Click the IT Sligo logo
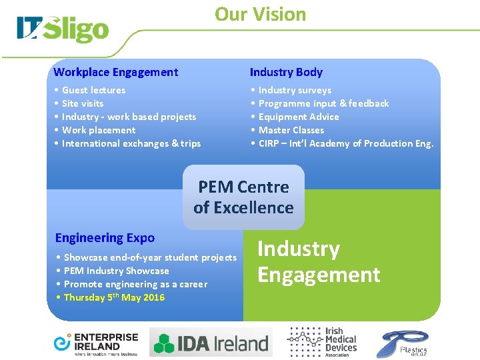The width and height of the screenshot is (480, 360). [63, 30]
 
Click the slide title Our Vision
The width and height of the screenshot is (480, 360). [260, 14]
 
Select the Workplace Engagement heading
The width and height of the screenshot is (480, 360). [116, 72]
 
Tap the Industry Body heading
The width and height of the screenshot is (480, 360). [286, 72]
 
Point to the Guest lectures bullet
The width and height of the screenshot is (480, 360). [93, 90]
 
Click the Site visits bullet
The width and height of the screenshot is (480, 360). [83, 103]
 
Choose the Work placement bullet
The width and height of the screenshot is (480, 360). [98, 130]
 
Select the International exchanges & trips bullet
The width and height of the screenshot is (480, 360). [131, 143]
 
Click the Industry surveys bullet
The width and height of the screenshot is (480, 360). [295, 90]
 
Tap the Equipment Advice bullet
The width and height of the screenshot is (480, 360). [299, 117]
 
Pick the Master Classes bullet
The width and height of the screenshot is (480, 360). [291, 130]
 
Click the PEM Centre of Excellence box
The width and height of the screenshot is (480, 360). [243, 197]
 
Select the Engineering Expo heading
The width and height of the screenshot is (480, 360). [105, 238]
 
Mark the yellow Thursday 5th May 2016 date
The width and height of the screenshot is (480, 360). [114, 297]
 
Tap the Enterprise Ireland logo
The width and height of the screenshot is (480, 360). [95, 343]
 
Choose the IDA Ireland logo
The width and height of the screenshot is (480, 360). [211, 343]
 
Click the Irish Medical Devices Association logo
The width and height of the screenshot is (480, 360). [322, 343]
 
